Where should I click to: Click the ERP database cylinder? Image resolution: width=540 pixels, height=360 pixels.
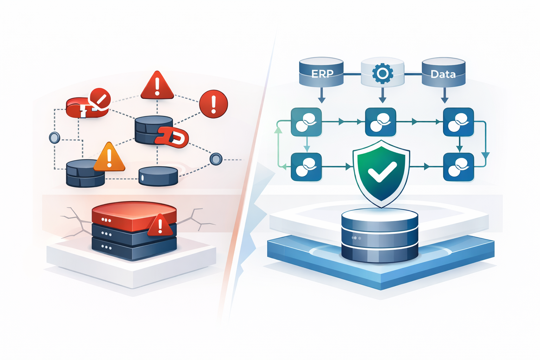(321, 72)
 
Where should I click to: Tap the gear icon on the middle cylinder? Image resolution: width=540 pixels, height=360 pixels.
(382, 73)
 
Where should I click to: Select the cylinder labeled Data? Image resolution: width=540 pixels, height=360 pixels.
(443, 72)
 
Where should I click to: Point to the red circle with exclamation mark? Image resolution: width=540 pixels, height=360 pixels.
(213, 104)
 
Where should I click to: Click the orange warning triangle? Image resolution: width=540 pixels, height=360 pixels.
(109, 159)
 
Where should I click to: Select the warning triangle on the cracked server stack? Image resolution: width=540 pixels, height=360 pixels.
(160, 226)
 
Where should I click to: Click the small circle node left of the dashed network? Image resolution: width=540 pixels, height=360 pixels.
(54, 137)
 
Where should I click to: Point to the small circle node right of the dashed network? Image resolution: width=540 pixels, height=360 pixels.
(216, 159)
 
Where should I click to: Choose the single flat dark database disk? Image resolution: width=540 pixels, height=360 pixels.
(158, 176)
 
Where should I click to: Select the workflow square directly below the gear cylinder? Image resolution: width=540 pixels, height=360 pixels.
(381, 122)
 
